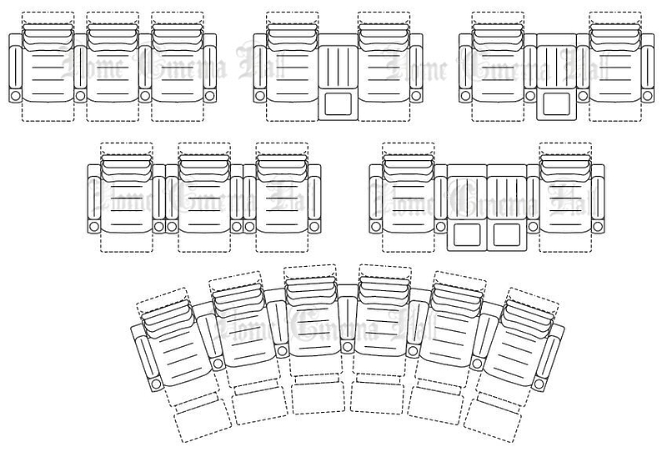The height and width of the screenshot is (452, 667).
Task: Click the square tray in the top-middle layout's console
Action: pos(338,104)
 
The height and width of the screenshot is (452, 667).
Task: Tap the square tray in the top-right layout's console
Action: pos(553,104)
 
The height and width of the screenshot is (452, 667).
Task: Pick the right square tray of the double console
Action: pos(506,234)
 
